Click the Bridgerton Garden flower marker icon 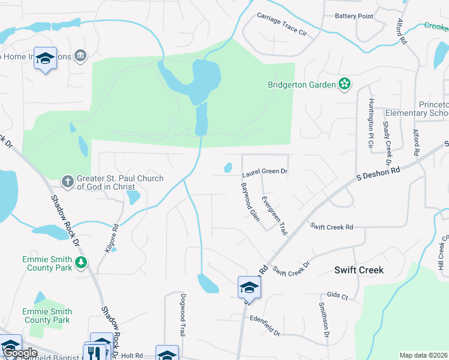345,85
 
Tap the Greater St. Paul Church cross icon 69,180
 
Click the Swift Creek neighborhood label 358,270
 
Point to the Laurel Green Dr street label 265,172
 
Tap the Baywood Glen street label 250,202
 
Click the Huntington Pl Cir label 372,125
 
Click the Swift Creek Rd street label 331,227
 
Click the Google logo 20,353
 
